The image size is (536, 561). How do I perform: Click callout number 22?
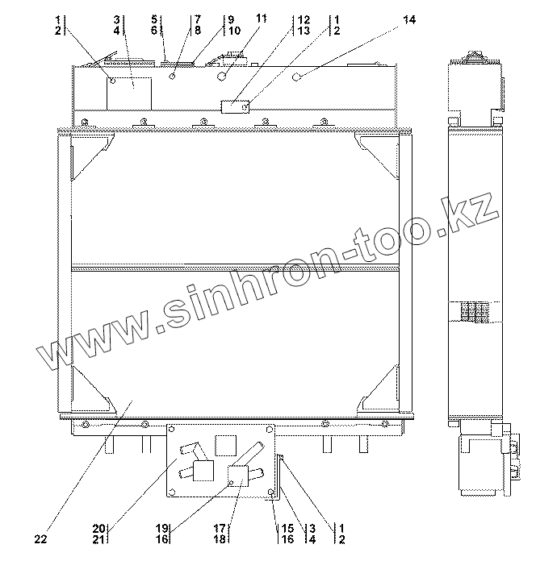[40, 538]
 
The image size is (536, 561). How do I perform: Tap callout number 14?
[409, 19]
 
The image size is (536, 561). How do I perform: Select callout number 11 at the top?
[262, 18]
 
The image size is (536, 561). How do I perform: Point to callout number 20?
[98, 529]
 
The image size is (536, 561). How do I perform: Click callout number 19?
[162, 529]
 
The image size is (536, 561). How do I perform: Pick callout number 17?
[220, 529]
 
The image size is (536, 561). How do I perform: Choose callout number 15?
[287, 529]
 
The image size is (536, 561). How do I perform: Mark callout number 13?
[304, 31]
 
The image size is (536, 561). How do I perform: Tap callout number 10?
[234, 31]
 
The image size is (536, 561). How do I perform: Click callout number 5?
[154, 19]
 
